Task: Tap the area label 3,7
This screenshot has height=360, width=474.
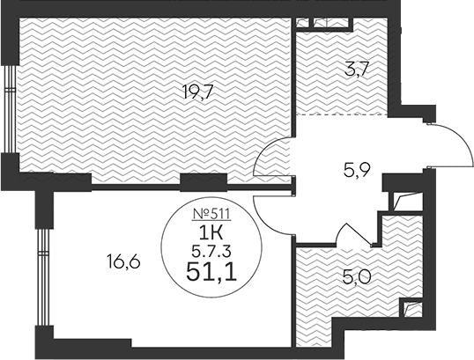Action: tap(357, 70)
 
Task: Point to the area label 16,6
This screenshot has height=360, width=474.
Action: tap(123, 261)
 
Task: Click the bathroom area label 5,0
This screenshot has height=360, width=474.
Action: tap(357, 277)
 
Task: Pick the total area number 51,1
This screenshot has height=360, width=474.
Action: tap(211, 271)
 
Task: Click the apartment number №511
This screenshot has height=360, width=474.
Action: tap(211, 214)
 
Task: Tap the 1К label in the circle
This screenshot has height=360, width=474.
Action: tap(211, 233)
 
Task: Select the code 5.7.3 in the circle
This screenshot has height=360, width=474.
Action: tap(211, 251)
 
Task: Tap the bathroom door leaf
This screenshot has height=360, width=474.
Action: tap(359, 234)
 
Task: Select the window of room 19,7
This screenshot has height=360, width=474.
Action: tap(11, 109)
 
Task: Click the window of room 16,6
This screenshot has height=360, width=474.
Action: tap(44, 277)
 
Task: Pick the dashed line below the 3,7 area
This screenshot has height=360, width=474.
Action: tap(342, 114)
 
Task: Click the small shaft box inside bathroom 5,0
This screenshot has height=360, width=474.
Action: tap(411, 308)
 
